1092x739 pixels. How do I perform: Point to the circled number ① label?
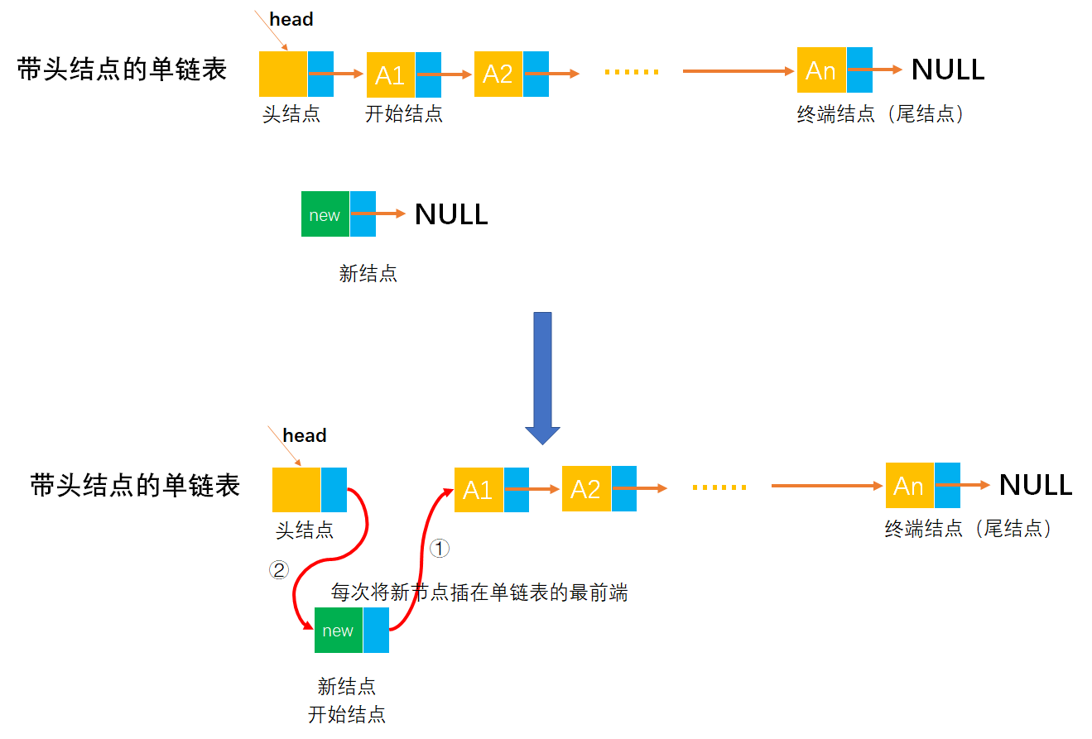(440, 547)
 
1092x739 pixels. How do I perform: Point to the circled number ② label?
(279, 569)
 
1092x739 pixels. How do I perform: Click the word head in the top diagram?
(291, 20)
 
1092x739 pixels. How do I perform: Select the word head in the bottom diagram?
(305, 435)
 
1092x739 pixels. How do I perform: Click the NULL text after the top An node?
(948, 70)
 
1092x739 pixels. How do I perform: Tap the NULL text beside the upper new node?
(451, 214)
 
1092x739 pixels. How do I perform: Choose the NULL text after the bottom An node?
(1036, 486)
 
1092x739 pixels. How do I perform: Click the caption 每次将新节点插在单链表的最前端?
(479, 593)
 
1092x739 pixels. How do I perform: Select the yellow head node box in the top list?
(283, 74)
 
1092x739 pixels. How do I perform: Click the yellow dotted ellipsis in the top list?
(632, 72)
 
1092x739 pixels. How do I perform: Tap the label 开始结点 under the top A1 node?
(404, 114)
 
